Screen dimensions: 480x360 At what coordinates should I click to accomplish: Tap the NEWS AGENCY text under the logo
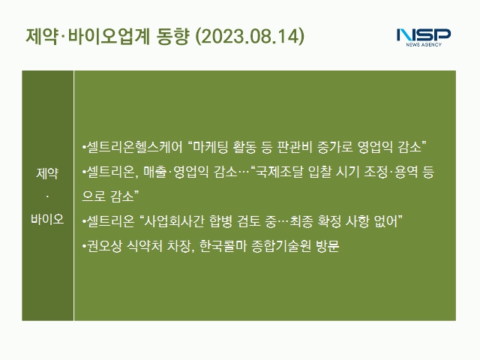424,45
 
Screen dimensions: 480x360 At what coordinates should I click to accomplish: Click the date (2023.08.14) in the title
250,36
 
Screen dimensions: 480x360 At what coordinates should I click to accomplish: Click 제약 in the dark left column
47,173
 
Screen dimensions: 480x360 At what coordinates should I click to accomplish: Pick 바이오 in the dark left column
47,219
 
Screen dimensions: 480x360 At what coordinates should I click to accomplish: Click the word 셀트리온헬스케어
134,147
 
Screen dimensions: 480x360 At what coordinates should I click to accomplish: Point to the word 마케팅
211,147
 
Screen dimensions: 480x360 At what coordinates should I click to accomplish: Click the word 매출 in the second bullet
155,172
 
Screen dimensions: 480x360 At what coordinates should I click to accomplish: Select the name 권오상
104,246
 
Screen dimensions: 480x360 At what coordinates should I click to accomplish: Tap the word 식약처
145,246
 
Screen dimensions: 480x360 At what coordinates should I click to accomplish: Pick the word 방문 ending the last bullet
328,246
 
